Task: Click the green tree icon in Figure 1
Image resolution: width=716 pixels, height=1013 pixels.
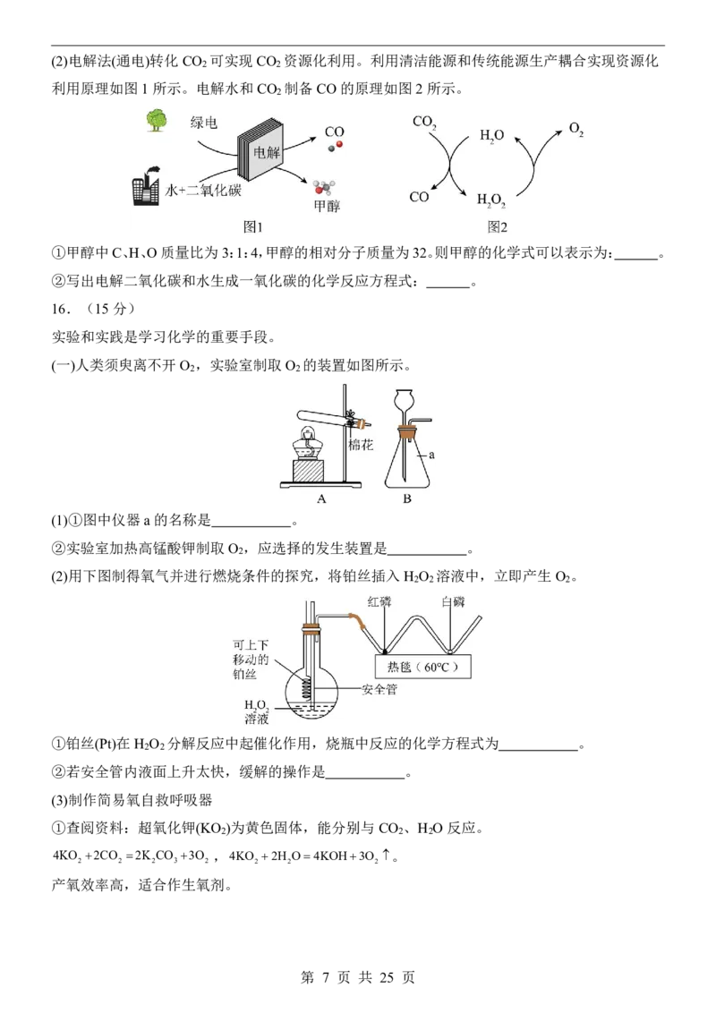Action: point(157,120)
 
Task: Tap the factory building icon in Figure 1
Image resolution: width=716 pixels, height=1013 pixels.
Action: point(145,186)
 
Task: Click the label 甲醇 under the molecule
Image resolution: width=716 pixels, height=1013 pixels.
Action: point(327,206)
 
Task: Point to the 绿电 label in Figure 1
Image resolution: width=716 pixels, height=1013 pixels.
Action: point(203,122)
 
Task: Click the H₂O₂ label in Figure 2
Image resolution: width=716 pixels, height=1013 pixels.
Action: point(491,200)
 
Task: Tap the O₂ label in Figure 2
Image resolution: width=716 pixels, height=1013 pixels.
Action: point(576,129)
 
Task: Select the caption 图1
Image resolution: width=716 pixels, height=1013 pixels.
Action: point(252,226)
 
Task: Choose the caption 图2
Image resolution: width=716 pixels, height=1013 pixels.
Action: point(497,226)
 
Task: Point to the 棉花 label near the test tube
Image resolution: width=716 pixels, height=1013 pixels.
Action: point(361,445)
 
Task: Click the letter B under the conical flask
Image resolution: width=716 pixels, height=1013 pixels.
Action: point(407,498)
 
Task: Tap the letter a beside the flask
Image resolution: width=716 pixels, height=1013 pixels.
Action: point(431,455)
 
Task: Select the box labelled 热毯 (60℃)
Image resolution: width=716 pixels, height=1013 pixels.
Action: point(422,667)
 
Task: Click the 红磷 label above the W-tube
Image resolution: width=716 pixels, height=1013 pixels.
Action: point(379,601)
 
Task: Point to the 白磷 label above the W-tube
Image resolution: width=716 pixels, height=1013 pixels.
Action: point(453,601)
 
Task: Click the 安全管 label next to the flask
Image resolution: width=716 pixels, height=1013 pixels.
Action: point(379,689)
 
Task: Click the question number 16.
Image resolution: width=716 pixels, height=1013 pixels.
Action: point(60,309)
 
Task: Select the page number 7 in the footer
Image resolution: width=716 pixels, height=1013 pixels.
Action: point(326,977)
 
